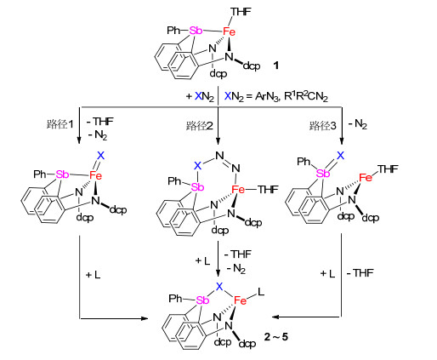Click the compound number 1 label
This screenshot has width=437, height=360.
pos(275,66)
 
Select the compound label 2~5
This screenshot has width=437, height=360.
pos(275,337)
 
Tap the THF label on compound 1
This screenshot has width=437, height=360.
pos(241,12)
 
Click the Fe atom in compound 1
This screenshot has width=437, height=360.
pos(229,31)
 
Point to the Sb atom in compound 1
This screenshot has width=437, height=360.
pos(196,31)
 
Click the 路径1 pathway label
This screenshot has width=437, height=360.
pos(60,124)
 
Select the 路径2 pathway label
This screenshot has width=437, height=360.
pos(200,125)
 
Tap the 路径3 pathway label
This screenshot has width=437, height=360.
pos(323,125)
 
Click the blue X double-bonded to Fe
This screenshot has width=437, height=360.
pos(100,156)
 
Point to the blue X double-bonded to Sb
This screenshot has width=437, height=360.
pos(341,156)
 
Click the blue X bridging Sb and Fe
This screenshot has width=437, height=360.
pos(219,287)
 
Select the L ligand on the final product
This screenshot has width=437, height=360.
pos(261,291)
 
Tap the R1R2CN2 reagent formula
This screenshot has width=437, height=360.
pos(306,97)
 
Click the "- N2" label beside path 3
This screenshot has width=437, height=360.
pos(358,124)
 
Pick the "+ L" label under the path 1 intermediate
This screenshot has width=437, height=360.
pos(94,275)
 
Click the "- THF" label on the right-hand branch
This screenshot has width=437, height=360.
pos(360,273)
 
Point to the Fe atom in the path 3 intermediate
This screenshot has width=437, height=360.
pos(366,178)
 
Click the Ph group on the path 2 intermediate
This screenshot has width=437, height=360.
pos(174,180)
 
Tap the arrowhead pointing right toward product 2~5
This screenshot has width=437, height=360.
pos(145,318)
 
